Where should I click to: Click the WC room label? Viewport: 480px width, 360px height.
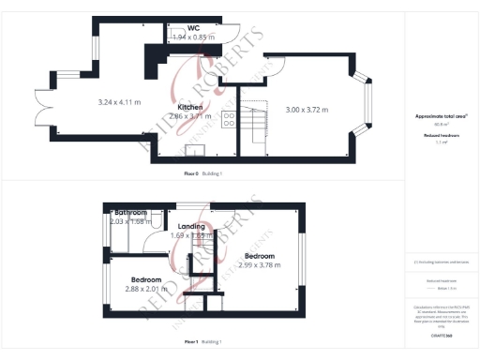click(194, 28)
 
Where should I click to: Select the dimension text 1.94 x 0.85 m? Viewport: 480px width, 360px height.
click(194, 37)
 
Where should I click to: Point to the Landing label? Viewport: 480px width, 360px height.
click(191, 226)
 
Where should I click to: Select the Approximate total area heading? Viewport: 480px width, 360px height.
click(441, 115)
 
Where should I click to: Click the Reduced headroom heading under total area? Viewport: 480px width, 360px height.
click(441, 135)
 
